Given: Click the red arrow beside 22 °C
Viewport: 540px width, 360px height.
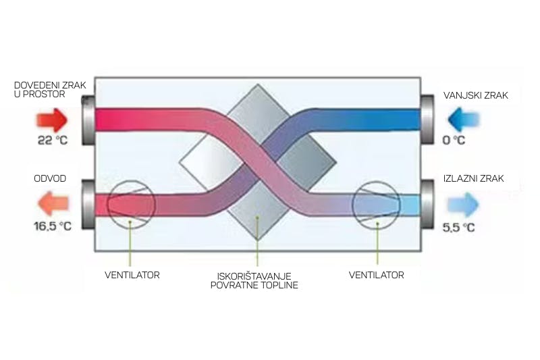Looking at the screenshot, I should (50, 120).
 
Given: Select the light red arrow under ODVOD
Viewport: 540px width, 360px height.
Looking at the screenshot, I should (50, 203).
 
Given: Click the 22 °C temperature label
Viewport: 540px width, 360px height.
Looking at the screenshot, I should (52, 140).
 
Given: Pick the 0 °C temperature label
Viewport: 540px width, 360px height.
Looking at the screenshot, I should (454, 140).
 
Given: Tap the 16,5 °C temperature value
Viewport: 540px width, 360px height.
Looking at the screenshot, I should (52, 226).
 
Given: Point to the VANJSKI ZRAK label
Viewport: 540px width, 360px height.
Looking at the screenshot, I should (475, 95).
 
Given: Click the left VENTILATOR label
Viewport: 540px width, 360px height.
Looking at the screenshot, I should (132, 275).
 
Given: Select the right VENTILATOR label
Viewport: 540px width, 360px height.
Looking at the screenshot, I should (377, 275).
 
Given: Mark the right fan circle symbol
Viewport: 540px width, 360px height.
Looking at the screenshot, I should (376, 203).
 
